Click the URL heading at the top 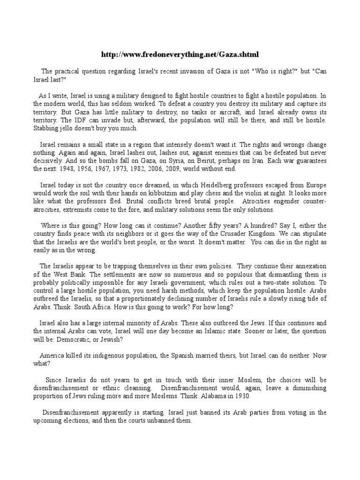(180, 54)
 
